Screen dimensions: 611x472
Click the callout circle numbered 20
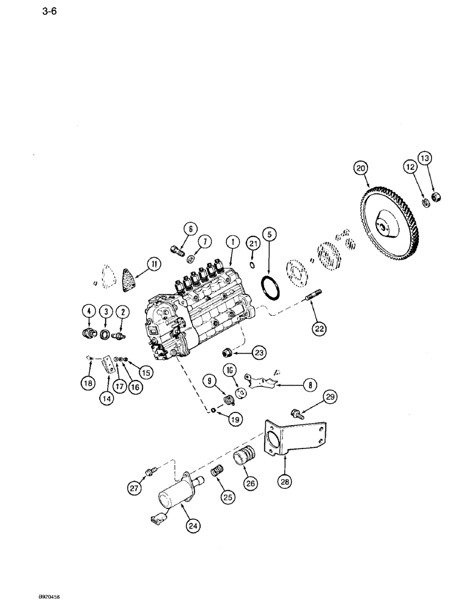[360, 167]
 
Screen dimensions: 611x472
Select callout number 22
[320, 328]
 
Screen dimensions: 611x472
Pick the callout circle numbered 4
[89, 312]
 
